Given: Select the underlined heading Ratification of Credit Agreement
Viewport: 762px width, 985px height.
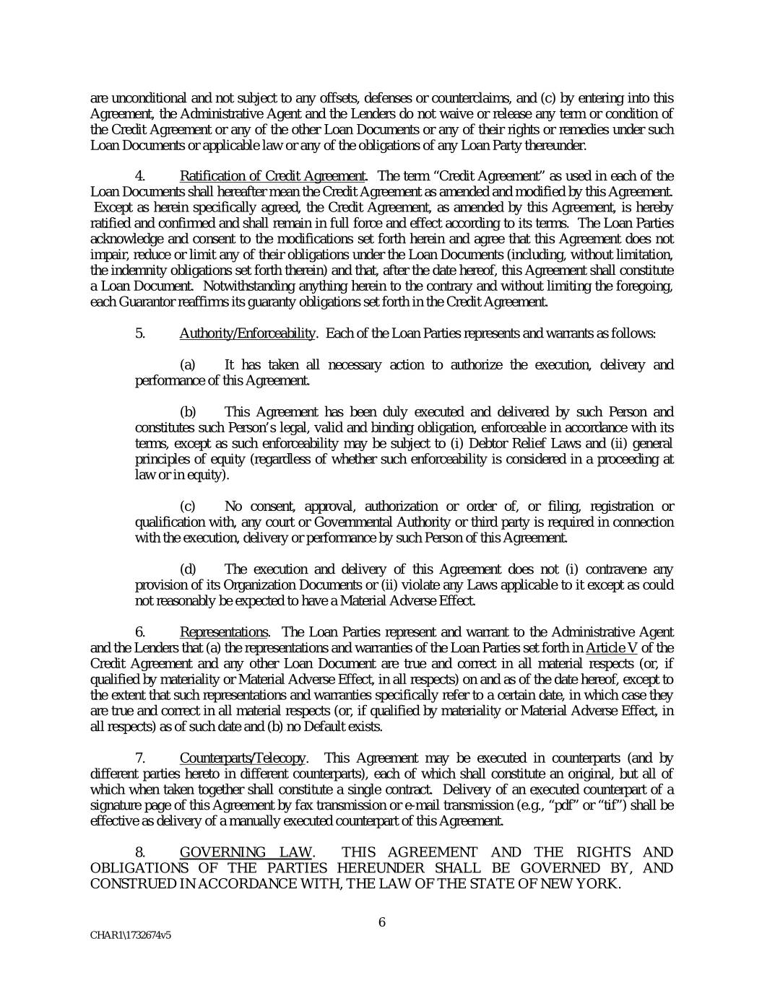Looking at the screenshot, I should (x=272, y=176).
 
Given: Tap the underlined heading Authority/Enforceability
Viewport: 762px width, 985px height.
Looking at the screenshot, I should (x=247, y=333).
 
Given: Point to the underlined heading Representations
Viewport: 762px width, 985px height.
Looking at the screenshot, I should (x=224, y=632).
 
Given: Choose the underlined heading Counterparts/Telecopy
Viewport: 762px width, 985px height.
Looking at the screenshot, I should (x=242, y=758).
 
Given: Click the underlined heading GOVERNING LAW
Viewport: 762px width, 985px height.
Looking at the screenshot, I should (x=246, y=852).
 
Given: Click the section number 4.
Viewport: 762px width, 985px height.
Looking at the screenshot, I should (x=141, y=176).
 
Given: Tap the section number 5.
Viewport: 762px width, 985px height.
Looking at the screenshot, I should (x=141, y=333).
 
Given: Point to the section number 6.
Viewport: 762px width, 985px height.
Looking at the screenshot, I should (x=141, y=632).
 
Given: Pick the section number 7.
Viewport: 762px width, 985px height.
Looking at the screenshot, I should (x=141, y=758).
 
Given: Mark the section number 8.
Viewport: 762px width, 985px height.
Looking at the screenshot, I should (x=141, y=852).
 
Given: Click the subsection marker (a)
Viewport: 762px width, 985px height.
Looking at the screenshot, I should (x=187, y=365).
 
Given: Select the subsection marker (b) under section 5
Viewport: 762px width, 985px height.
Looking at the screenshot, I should (x=188, y=412).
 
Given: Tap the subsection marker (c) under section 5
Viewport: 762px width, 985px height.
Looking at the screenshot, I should (x=187, y=507).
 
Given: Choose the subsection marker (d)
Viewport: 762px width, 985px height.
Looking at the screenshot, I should (x=188, y=569).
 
